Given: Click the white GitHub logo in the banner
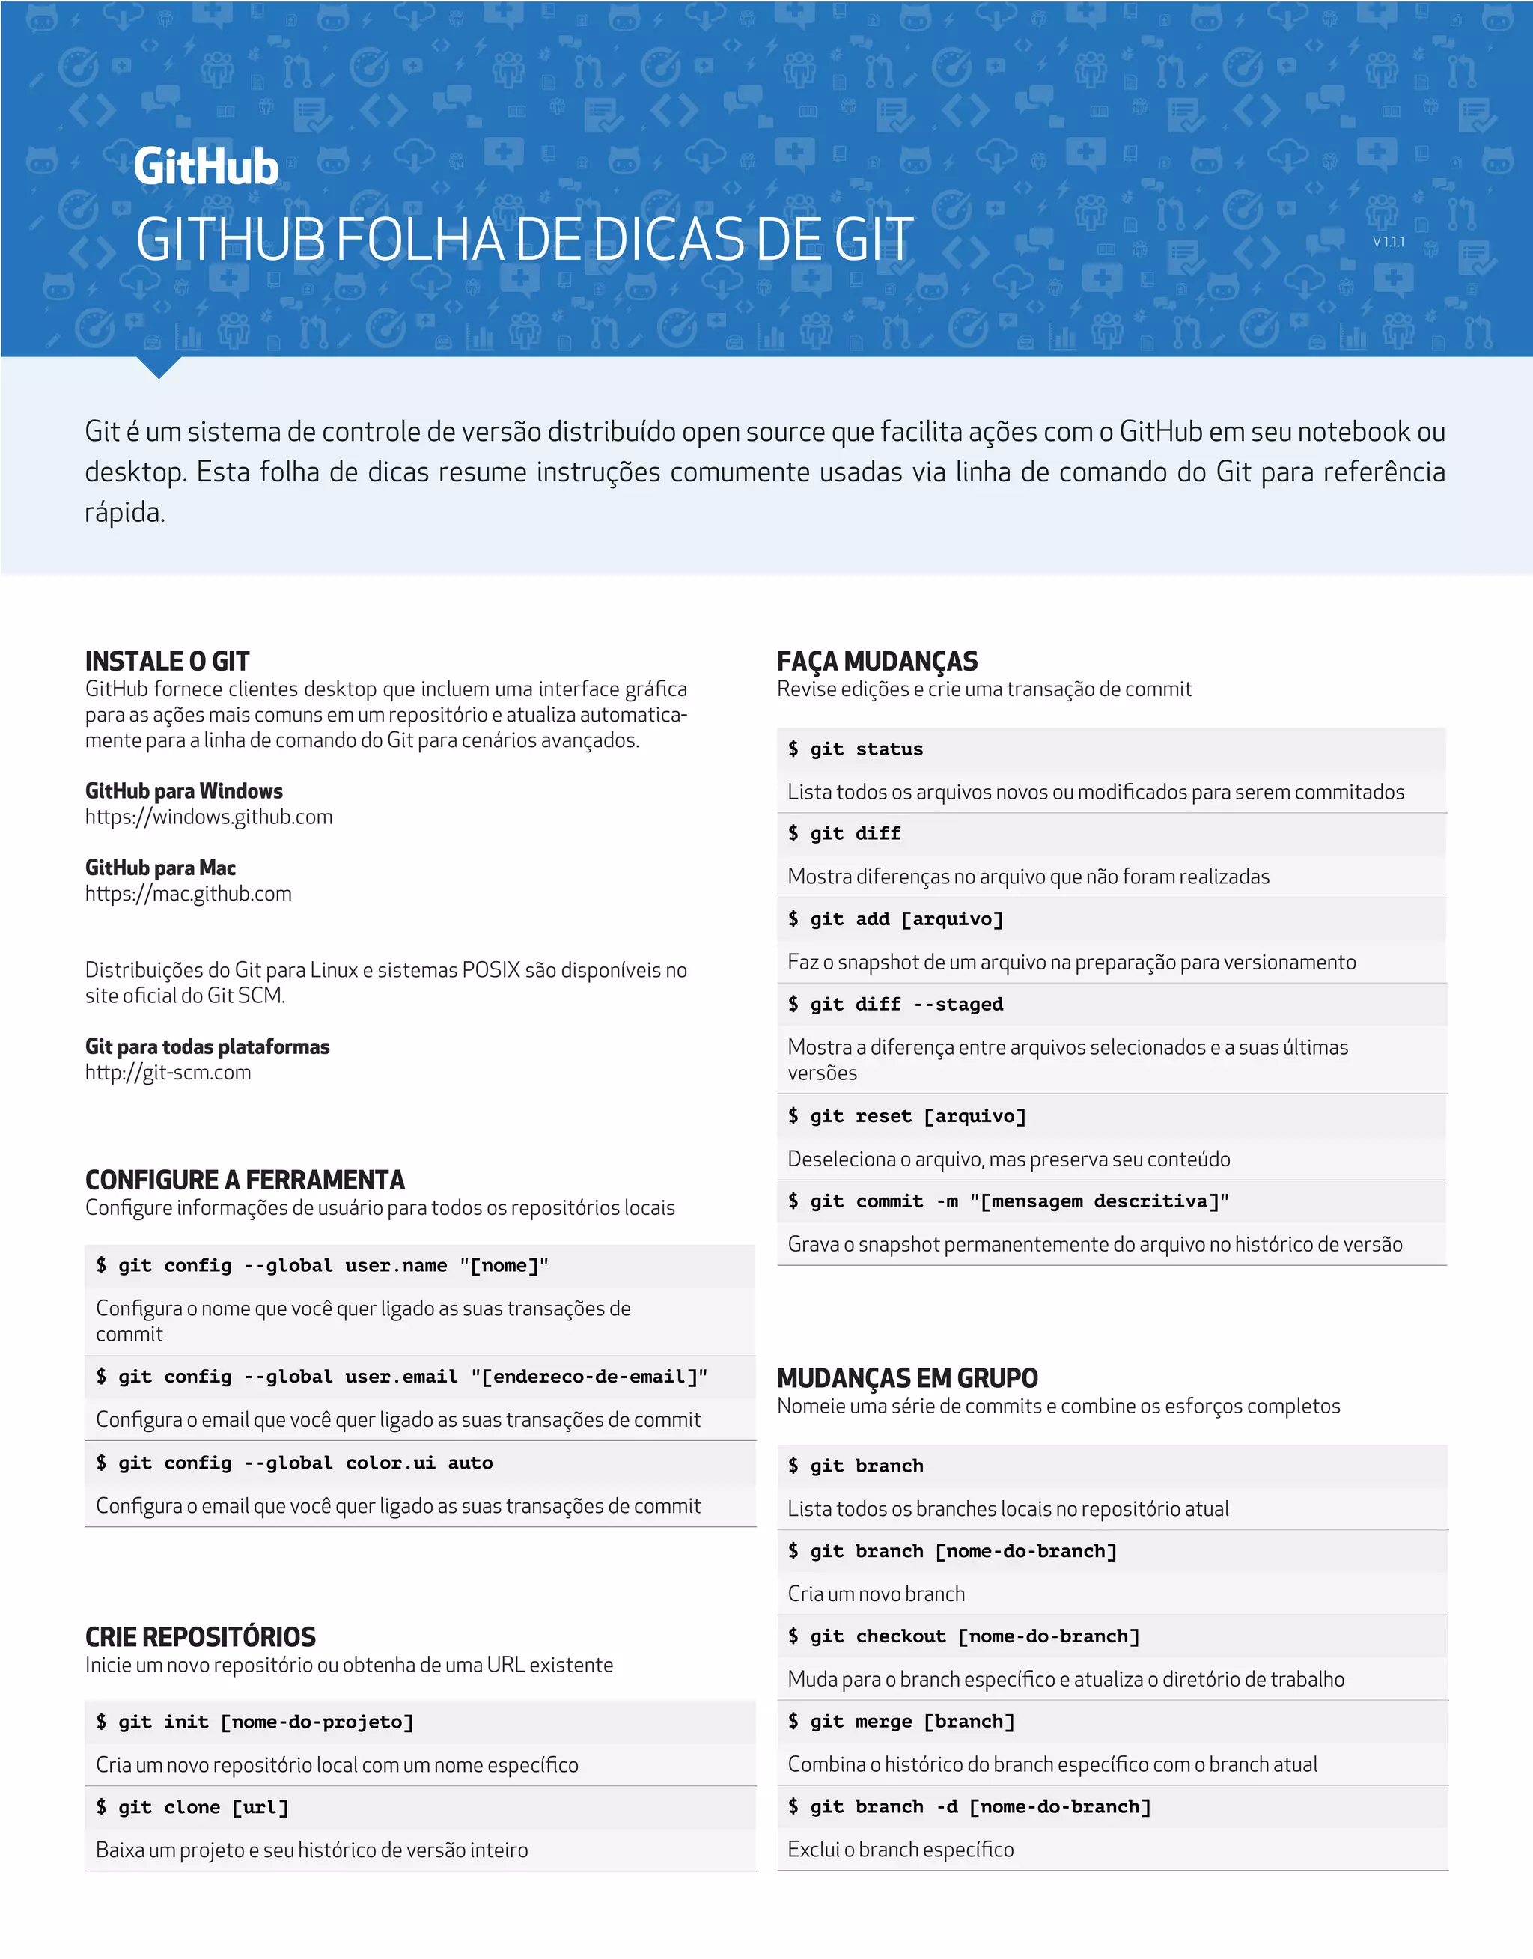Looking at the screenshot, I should point(207,167).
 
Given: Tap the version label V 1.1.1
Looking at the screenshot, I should point(1388,241).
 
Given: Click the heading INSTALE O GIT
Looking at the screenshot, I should point(167,662).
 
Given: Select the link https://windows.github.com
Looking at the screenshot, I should point(208,817).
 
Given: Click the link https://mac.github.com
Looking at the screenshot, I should point(189,893).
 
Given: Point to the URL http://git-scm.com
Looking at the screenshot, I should point(168,1073).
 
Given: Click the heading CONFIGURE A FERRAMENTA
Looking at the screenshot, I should point(245,1179).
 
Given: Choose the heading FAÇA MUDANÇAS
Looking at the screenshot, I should point(877,662).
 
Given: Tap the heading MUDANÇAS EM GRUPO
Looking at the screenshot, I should point(907,1377).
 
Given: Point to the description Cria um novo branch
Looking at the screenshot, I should point(876,1594).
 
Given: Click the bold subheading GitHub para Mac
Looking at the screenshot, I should point(161,868).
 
